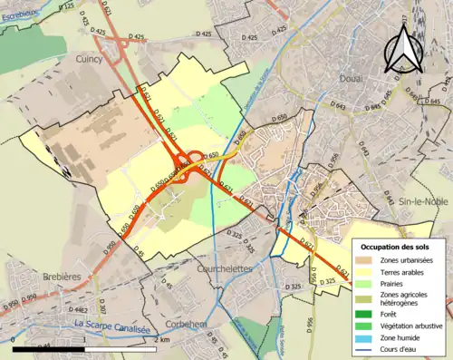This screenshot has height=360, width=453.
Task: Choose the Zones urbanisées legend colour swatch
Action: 364,260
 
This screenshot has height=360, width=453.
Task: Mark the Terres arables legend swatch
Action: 364,271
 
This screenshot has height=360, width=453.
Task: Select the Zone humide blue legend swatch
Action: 364,334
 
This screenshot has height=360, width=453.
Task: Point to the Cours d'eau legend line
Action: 364,345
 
